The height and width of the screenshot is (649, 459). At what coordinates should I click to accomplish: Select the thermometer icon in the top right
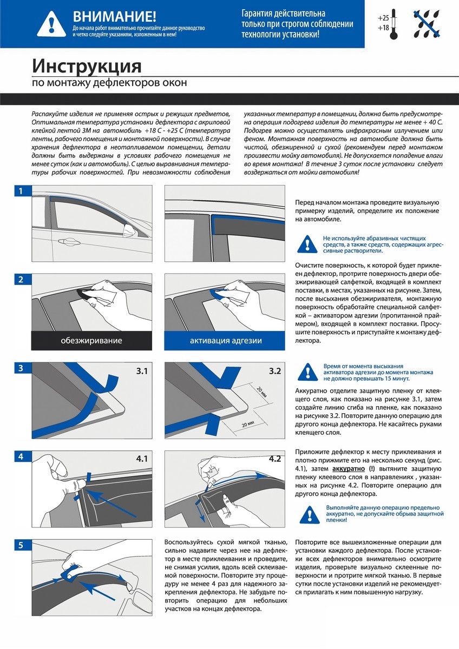[394, 23]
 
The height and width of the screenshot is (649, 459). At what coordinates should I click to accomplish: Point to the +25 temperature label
[383, 18]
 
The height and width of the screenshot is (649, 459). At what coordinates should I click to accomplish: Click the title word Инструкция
[87, 66]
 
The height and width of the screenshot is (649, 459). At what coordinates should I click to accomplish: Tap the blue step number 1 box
[21, 191]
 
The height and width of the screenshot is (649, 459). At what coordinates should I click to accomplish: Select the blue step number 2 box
[21, 280]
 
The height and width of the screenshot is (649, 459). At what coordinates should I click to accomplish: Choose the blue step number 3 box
[21, 368]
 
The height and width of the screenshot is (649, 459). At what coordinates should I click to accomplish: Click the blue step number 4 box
[21, 456]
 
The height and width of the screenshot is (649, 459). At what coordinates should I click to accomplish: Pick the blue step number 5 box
[21, 545]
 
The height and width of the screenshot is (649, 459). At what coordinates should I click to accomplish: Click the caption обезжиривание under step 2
[91, 341]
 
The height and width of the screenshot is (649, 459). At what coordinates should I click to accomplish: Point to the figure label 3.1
[142, 372]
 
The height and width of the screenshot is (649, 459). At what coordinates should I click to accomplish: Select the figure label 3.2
[275, 372]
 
